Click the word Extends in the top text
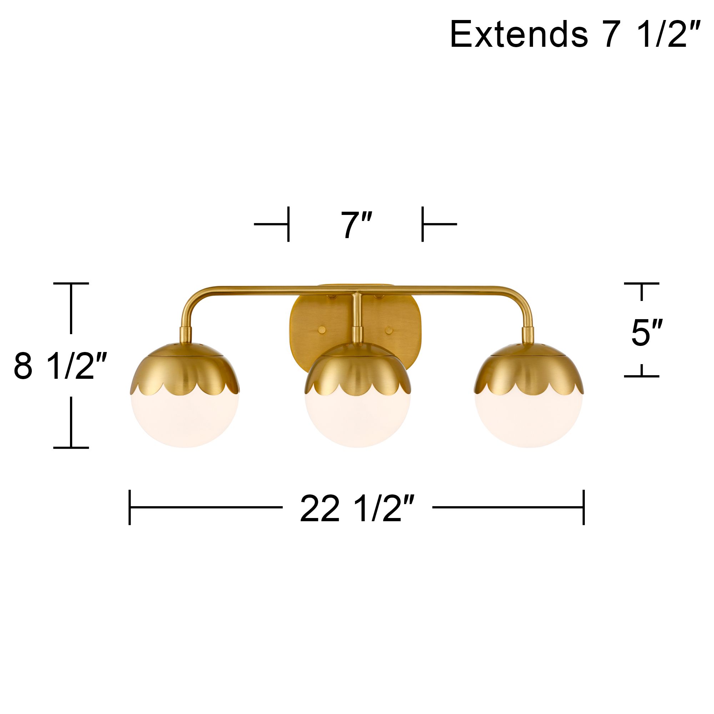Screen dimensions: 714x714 pyautogui.click(x=518, y=35)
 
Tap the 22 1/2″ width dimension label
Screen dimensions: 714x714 pyautogui.click(x=357, y=509)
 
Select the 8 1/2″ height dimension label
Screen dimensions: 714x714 pyautogui.click(x=60, y=366)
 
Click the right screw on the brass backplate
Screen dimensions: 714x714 pyautogui.click(x=389, y=330)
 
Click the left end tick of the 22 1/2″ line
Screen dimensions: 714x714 pyautogui.click(x=130, y=507)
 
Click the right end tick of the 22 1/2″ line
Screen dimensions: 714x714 pyautogui.click(x=584, y=507)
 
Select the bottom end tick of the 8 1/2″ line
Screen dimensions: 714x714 pyautogui.click(x=71, y=448)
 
